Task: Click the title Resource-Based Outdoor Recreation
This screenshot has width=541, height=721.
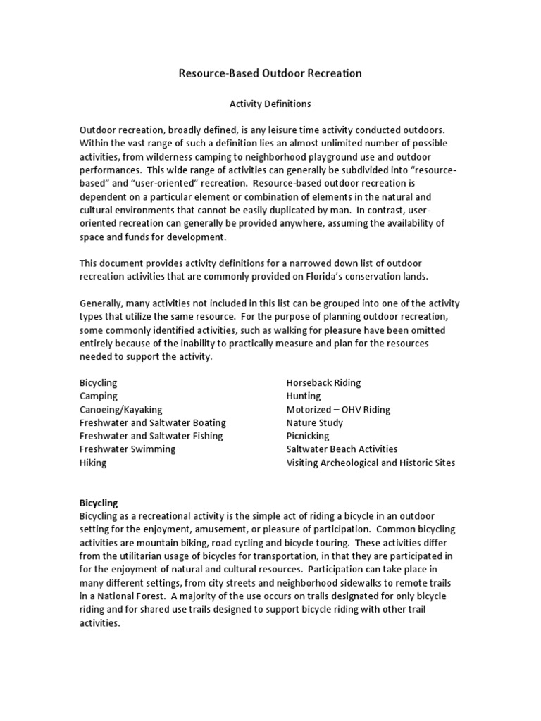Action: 270,73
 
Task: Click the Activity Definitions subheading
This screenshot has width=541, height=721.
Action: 270,104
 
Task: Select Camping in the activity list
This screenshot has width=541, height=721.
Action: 99,396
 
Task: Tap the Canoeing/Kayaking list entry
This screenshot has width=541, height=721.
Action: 120,409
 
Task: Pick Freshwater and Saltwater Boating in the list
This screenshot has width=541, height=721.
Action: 152,422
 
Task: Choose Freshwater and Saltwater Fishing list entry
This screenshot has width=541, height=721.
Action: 151,436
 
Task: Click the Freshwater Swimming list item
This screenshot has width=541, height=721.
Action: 128,449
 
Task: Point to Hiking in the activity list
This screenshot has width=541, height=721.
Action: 93,463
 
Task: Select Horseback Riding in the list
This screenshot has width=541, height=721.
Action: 323,382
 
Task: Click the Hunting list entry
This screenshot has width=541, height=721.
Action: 303,396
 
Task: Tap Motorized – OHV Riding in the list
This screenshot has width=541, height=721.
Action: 338,409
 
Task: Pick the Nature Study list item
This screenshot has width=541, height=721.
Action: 314,422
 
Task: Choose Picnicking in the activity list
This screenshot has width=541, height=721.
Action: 307,436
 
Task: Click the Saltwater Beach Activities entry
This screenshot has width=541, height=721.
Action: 342,449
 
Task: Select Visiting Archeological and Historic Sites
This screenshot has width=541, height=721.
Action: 371,463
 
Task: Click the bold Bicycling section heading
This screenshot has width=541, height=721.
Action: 99,503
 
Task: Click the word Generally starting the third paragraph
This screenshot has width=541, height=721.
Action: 102,303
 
